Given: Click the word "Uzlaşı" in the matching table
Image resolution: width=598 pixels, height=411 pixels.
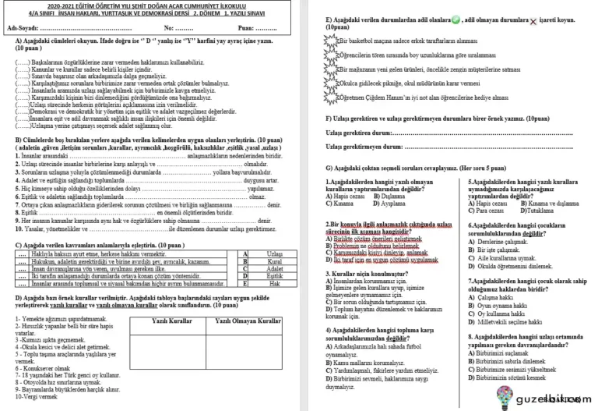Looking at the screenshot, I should pyautogui.click(x=275, y=254).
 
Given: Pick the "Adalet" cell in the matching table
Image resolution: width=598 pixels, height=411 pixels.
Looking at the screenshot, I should pyautogui.click(x=275, y=269).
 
